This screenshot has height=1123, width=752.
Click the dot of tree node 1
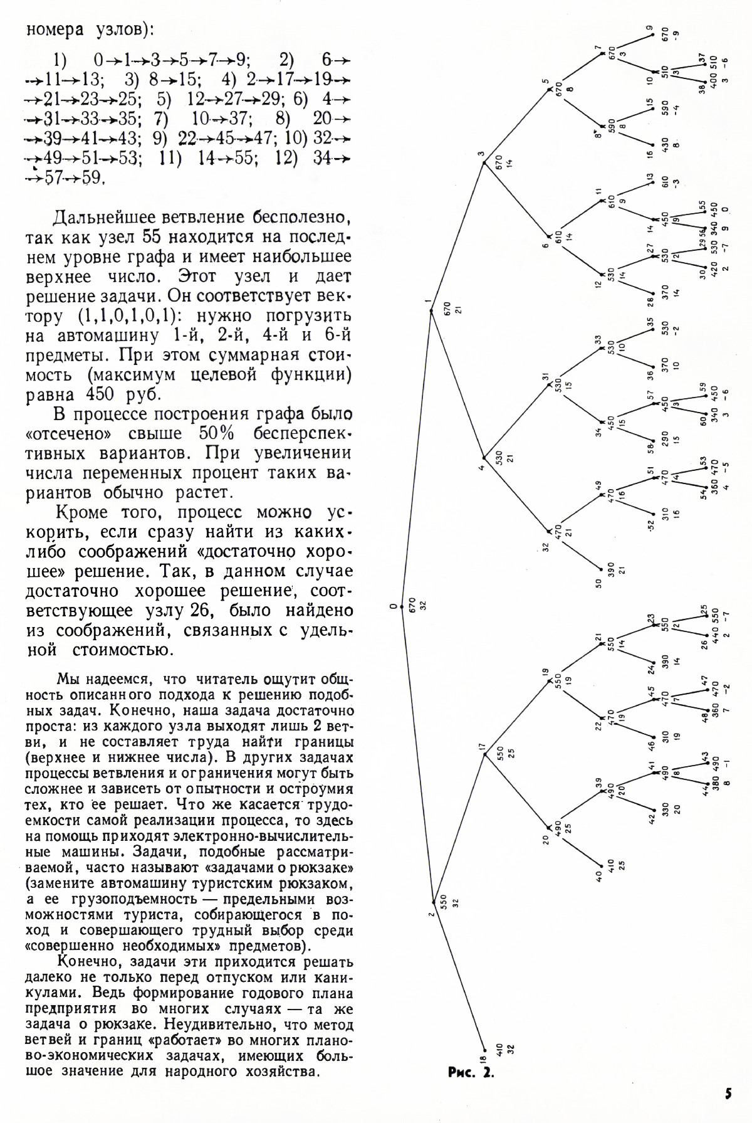[x=431, y=310]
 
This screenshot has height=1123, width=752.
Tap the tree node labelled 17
[x=484, y=754]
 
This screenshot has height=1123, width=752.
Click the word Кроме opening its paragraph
[x=81, y=512]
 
